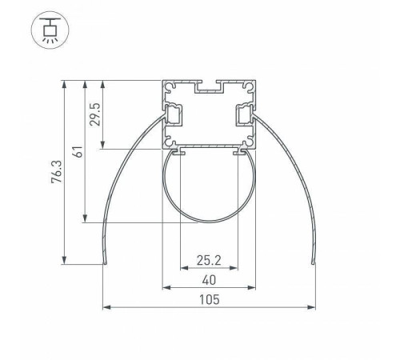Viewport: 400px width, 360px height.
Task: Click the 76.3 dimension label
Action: point(57,172)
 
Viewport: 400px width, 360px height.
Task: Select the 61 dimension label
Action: point(78,152)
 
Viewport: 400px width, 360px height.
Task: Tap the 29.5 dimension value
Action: point(95,114)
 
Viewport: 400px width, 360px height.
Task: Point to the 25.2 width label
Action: point(209,260)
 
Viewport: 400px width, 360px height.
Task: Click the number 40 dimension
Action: point(209,280)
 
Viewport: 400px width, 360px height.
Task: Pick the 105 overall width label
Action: point(210,300)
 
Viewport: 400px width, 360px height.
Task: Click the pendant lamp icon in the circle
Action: point(50,30)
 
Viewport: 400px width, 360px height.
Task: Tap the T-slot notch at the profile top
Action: point(209,86)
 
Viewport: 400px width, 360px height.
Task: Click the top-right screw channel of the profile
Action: point(249,86)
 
